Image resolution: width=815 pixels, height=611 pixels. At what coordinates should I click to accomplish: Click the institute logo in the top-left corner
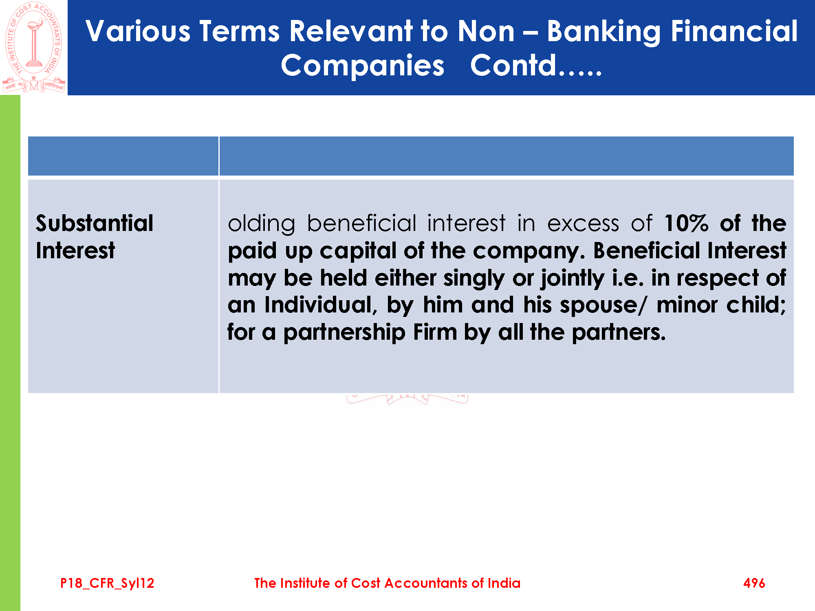tap(34, 47)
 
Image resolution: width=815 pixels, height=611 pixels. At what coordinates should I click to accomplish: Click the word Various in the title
tap(138, 31)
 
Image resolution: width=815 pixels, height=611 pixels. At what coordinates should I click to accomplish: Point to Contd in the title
tap(513, 65)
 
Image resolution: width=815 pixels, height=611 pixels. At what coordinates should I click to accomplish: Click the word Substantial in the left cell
tap(95, 223)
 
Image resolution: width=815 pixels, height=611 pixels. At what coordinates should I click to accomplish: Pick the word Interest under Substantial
tap(75, 250)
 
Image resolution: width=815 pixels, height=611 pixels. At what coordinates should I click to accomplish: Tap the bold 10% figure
tap(686, 223)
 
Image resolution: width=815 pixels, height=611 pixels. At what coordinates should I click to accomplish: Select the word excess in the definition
tap(583, 224)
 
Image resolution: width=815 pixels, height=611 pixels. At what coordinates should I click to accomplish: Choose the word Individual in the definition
tap(321, 305)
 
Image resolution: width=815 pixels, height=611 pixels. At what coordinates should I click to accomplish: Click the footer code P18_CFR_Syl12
tap(107, 583)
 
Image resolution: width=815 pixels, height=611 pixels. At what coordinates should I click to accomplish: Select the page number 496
tap(754, 583)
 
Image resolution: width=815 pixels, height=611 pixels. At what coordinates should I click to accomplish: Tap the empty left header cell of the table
tap(123, 156)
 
